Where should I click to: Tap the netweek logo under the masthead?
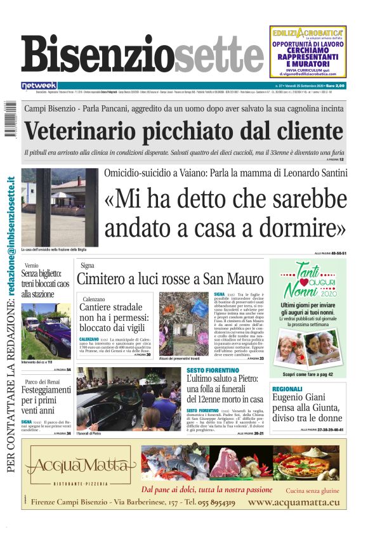click(39, 86)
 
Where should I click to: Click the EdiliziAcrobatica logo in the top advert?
click(308, 32)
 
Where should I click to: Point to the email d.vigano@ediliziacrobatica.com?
click(308, 74)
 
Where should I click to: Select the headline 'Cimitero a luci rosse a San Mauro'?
click(169, 278)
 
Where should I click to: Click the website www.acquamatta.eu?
click(294, 502)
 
